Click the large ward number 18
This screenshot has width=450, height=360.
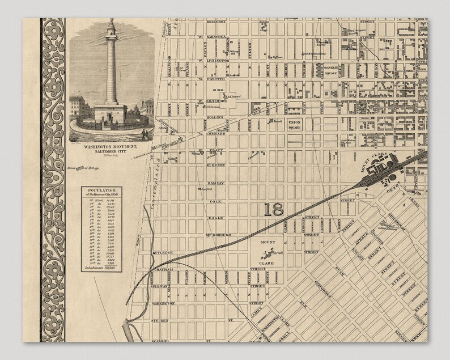pos(274,209)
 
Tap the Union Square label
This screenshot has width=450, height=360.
pos(294,124)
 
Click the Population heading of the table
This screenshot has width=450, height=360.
pos(101,191)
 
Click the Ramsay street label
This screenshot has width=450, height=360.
pos(207,184)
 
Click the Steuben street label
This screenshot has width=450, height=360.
pos(160,320)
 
